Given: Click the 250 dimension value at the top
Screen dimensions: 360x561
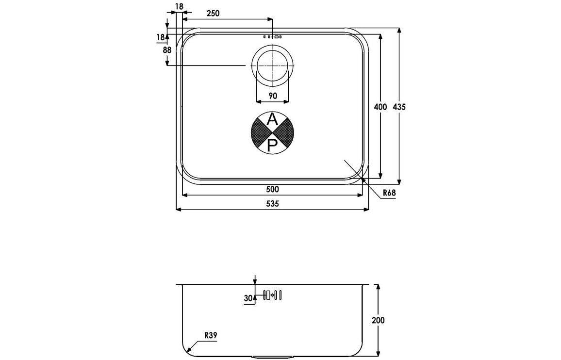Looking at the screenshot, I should (x=213, y=14).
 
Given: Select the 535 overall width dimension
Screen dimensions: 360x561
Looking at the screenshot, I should (x=272, y=204).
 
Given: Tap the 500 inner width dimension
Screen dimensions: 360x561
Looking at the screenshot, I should (x=272, y=189).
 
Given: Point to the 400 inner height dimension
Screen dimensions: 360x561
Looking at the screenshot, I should (x=381, y=107).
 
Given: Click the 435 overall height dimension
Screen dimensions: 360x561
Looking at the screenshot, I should (x=399, y=107).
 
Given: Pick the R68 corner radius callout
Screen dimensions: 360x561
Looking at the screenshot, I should (x=389, y=193).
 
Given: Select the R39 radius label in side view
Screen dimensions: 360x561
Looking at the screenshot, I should (x=210, y=335).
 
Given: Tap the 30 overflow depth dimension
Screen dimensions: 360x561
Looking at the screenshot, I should (x=248, y=299).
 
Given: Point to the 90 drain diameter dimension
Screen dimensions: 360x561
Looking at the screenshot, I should (x=272, y=96).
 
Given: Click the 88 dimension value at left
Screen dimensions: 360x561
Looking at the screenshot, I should (x=167, y=50).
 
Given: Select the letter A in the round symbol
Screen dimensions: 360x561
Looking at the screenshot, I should (x=272, y=119).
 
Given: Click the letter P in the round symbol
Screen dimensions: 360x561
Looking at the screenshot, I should (x=272, y=144).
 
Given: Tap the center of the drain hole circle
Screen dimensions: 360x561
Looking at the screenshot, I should (x=272, y=65).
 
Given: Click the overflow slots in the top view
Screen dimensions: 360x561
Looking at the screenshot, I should (x=272, y=36).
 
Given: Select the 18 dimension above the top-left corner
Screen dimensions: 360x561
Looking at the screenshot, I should (x=179, y=6).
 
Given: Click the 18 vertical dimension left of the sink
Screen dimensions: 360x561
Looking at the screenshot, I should (x=160, y=37).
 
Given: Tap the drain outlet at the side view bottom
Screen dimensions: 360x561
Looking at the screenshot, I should (x=272, y=357).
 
